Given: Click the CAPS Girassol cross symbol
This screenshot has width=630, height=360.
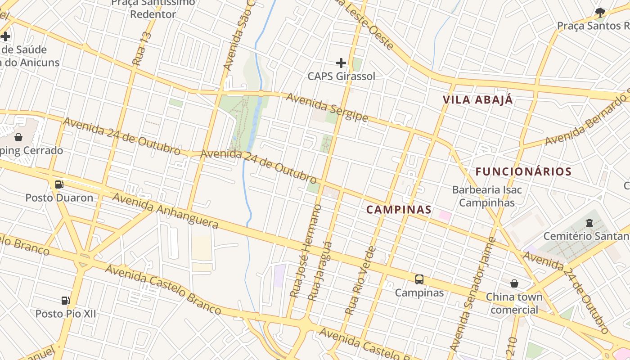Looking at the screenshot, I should (x=341, y=63).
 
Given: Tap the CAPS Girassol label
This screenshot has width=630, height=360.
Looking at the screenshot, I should (x=341, y=76).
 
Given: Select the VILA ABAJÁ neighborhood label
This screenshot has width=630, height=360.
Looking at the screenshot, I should (x=478, y=100).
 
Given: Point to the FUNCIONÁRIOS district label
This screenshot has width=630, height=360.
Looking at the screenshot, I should (x=523, y=171).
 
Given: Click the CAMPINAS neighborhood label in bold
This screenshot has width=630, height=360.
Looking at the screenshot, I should (x=399, y=209).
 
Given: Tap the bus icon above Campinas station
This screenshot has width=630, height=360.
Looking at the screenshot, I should (x=419, y=279).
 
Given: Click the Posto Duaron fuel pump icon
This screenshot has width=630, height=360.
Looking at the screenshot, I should (x=59, y=184).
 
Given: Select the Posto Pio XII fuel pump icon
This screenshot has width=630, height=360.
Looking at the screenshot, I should (x=66, y=300).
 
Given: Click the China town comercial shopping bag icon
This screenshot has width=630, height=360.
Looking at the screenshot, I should (x=514, y=283).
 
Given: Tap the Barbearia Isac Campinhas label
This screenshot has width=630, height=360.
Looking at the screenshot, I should (x=487, y=196).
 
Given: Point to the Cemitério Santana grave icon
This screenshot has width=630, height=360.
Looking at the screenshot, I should (x=589, y=222).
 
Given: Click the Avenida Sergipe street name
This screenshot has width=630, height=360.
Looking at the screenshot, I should (x=327, y=108).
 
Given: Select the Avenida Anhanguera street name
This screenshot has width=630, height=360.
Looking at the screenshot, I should (x=165, y=211).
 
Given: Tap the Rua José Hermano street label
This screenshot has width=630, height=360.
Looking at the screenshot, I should (x=306, y=251).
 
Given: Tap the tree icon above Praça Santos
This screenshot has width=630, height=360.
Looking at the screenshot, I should (x=600, y=12).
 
